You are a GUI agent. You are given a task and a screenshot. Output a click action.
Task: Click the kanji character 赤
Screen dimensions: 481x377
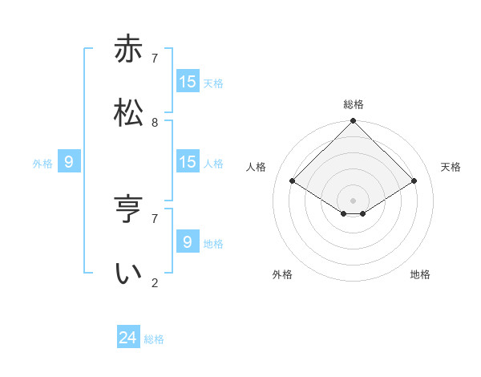click(x=128, y=50)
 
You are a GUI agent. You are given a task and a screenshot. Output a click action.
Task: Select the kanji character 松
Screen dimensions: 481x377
click(x=128, y=113)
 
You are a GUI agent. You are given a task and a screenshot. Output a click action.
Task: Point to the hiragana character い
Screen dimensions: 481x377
click(x=128, y=273)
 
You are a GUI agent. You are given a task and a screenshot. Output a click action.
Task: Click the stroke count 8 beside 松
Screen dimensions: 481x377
click(x=155, y=123)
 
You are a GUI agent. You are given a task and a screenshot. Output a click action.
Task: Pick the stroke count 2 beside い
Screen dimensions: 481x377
click(x=155, y=282)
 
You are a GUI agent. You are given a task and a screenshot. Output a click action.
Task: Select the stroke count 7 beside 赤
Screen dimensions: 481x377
click(x=155, y=59)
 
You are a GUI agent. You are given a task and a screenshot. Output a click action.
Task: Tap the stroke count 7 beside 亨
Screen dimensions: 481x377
click(x=155, y=218)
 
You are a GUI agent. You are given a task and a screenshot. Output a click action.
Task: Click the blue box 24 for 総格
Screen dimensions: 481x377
click(x=128, y=338)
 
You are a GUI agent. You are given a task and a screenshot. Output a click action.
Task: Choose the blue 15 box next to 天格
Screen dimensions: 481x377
click(x=188, y=82)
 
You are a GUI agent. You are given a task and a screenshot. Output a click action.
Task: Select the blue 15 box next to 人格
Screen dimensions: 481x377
click(x=188, y=162)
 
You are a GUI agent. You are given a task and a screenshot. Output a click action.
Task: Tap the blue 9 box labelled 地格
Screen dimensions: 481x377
click(x=188, y=241)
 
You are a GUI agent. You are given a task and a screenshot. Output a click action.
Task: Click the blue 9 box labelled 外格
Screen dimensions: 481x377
click(x=69, y=162)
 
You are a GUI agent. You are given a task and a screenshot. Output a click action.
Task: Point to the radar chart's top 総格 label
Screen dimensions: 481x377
click(x=354, y=104)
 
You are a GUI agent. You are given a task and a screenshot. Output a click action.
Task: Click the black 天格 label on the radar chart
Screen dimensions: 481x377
click(x=451, y=167)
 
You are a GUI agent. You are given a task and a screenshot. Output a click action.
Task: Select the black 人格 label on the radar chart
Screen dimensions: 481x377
click(x=257, y=167)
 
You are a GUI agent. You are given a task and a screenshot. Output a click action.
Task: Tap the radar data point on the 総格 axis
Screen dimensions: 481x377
click(x=354, y=121)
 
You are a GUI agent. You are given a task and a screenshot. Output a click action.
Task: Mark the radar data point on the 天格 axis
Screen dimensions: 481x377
click(x=414, y=181)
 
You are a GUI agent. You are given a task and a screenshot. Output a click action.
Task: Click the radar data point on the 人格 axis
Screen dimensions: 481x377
click(x=293, y=181)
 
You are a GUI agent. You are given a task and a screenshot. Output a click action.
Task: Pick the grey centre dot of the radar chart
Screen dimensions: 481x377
click(x=354, y=200)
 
